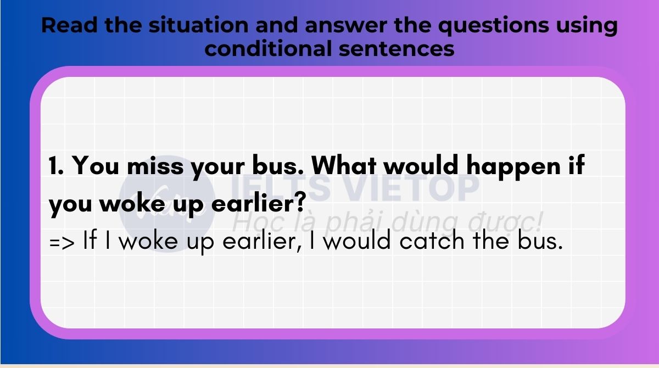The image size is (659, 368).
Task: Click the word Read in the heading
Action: click(x=69, y=25)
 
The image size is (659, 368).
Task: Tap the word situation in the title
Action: click(x=199, y=25)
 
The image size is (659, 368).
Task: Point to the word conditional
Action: click(x=268, y=48)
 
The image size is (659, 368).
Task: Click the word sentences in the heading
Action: click(x=396, y=49)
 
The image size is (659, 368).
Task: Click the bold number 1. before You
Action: click(x=56, y=166)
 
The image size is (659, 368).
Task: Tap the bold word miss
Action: click(x=155, y=166)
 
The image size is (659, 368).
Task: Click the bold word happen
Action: click(x=513, y=166)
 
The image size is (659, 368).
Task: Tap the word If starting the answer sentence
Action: click(x=90, y=239)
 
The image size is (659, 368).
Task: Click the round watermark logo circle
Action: click(x=167, y=203)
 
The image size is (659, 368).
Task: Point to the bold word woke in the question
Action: click(x=132, y=203)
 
